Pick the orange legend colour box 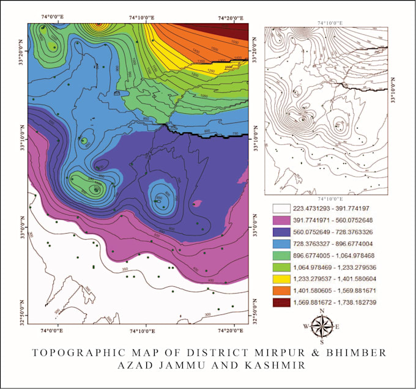277,289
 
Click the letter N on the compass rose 322,312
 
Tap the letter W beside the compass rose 305,327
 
